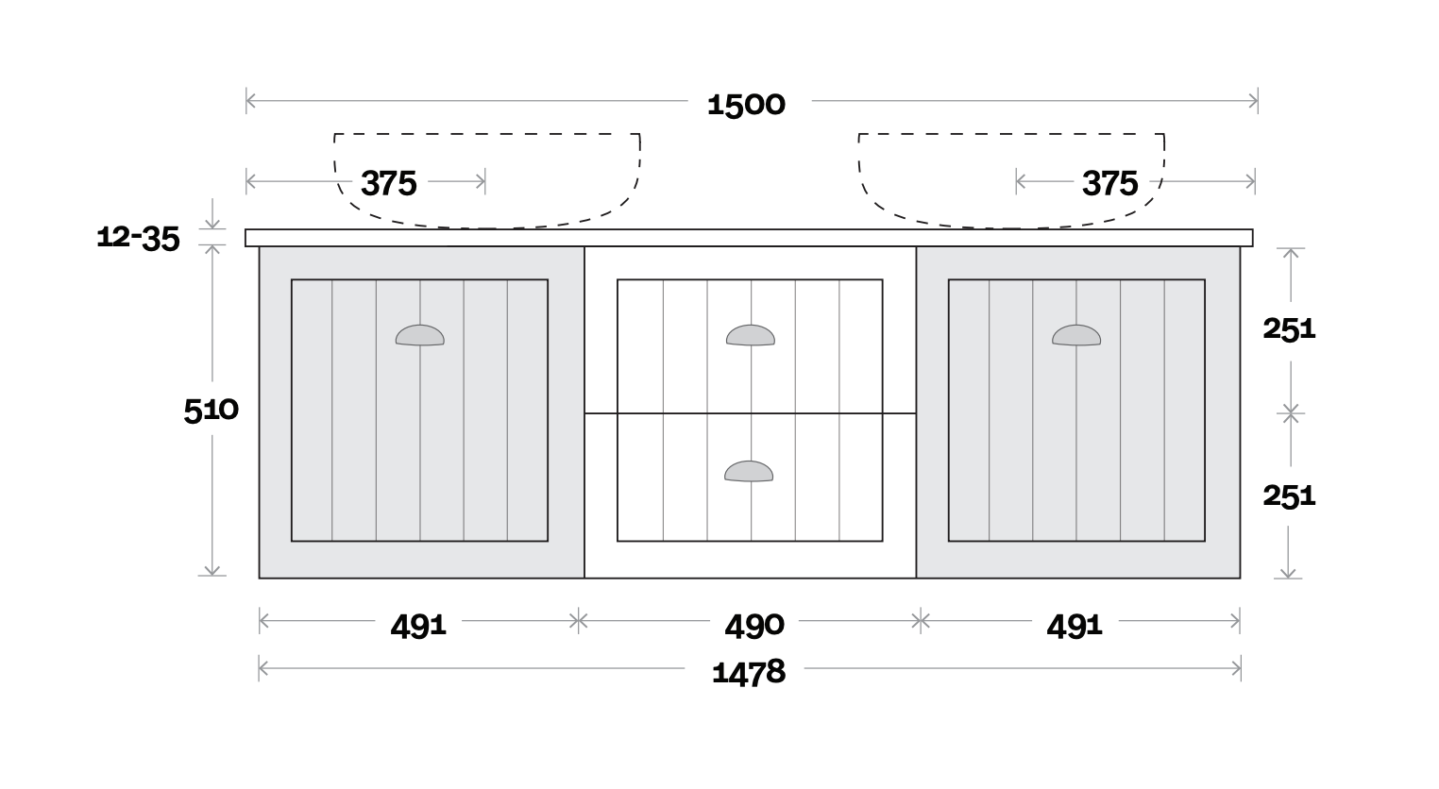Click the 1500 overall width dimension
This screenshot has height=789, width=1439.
746,104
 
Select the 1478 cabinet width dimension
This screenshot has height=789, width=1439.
749,672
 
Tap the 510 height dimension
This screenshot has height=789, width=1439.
211,411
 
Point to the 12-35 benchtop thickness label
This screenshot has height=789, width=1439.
138,238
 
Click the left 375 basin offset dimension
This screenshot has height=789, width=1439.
388,183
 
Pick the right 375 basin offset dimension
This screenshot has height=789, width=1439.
1109,183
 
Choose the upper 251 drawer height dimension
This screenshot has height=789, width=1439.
1289,328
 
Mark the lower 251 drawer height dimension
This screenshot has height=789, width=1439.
1289,495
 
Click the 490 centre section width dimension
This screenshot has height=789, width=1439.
753,625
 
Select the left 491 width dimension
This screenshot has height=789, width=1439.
418,625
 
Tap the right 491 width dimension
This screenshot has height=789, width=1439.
1075,625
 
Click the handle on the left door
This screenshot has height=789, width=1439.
419,335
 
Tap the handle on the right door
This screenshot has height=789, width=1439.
1076,335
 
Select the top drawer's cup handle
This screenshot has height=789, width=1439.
750,335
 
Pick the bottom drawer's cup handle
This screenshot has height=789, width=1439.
749,471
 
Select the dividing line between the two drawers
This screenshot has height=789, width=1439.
750,413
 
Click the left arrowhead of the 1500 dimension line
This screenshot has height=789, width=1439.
249,100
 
